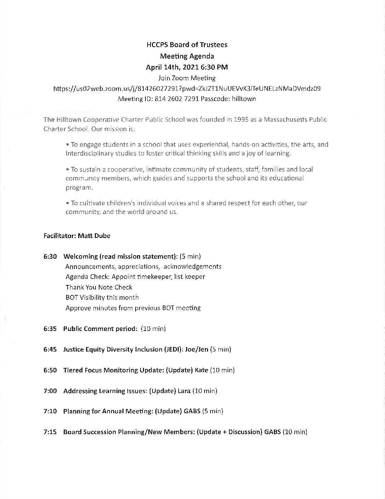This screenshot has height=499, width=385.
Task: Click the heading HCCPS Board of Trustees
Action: [x=187, y=45]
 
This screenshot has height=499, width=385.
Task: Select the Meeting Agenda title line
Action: [x=187, y=56]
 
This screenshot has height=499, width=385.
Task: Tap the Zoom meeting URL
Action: [x=187, y=89]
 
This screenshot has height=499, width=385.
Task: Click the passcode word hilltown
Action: [x=244, y=99]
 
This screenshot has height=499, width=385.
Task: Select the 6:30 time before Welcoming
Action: [x=50, y=256]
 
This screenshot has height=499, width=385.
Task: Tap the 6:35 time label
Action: [x=50, y=329]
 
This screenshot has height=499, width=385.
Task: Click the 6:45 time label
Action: [x=50, y=349]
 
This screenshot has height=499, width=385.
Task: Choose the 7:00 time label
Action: [x=50, y=391]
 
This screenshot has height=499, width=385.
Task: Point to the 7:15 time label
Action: [x=50, y=432]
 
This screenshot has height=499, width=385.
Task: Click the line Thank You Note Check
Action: [x=99, y=287]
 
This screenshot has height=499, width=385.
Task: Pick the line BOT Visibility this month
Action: [x=102, y=298]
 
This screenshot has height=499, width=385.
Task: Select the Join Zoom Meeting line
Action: [x=187, y=78]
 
